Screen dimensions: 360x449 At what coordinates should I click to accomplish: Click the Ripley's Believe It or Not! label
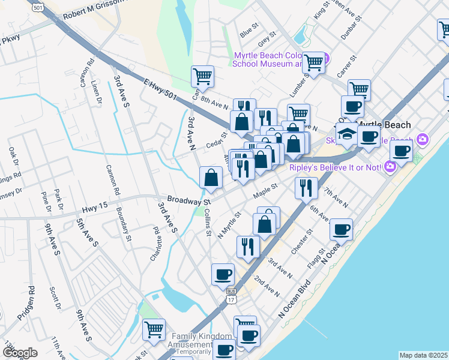point(335,167)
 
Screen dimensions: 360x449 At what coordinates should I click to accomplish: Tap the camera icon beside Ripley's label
point(391,166)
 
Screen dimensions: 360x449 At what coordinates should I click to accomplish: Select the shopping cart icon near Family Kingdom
point(154,329)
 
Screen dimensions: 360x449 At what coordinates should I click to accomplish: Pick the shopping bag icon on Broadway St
point(211,178)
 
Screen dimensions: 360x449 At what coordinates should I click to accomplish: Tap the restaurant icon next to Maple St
point(306,187)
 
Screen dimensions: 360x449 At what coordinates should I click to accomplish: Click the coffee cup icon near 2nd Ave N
point(223,274)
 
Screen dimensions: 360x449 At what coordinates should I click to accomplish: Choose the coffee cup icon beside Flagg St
point(341,229)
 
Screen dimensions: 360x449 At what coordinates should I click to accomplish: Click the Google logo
point(20,352)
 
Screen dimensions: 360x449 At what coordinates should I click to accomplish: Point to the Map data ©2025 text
point(423,355)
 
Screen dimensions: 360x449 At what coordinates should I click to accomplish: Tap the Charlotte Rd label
point(157,238)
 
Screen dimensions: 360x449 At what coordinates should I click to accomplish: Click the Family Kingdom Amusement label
point(192,340)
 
